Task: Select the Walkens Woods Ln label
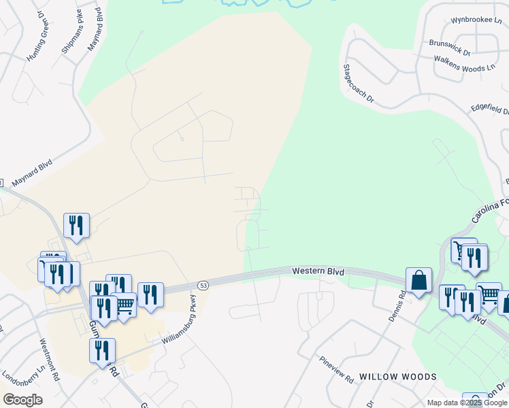click(x=465, y=63)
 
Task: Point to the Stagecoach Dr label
click(x=359, y=84)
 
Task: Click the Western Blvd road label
click(x=318, y=271)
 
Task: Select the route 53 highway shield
click(x=203, y=284)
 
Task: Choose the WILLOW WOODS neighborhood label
click(x=397, y=377)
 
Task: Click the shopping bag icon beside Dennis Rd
click(x=418, y=279)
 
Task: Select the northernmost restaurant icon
click(x=76, y=225)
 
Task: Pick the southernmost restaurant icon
click(x=102, y=350)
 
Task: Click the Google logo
click(x=22, y=399)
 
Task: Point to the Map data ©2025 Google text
click(x=467, y=403)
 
